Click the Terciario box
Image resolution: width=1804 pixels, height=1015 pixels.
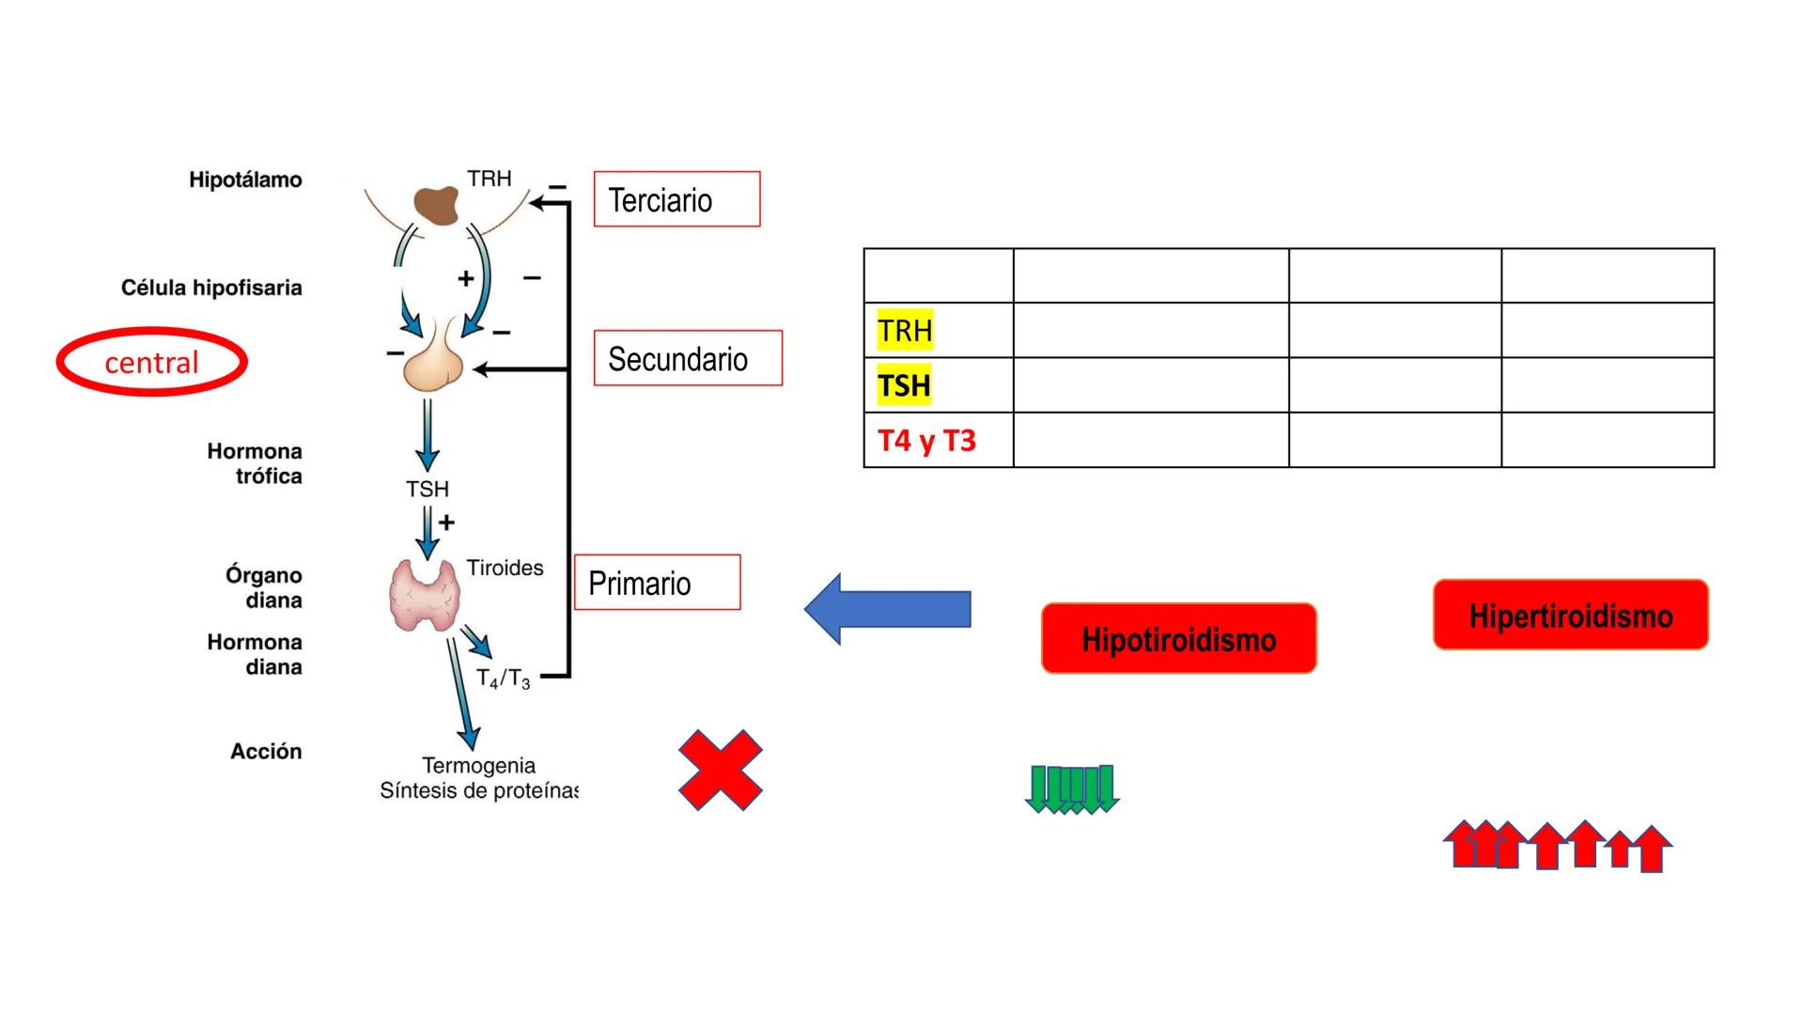click(x=676, y=199)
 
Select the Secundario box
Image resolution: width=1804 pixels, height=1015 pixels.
click(x=688, y=358)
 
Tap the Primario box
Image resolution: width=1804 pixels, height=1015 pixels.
click(x=657, y=583)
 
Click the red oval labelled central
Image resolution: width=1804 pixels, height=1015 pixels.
click(x=151, y=362)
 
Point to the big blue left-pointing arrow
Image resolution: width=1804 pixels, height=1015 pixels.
click(x=887, y=609)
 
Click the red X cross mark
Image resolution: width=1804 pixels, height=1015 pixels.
click(x=721, y=770)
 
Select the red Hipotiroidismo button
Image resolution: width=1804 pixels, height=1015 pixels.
click(x=1178, y=639)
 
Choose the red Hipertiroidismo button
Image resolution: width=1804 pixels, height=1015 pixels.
click(x=1570, y=616)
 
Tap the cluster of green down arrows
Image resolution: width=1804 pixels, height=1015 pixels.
click(x=1072, y=789)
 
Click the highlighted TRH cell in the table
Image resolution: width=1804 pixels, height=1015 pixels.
click(x=905, y=331)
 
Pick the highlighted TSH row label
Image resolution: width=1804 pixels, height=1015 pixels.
click(x=904, y=385)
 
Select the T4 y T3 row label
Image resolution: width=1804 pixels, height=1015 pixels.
click(x=926, y=440)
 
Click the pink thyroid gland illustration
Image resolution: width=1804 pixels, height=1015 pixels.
click(x=425, y=595)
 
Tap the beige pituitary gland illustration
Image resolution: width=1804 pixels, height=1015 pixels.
click(x=433, y=365)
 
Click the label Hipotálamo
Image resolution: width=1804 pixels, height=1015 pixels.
click(x=245, y=180)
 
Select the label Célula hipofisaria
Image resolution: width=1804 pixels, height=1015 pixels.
click(x=211, y=288)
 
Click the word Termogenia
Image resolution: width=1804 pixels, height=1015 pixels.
click(x=478, y=765)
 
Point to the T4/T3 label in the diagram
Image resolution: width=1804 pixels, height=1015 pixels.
click(x=503, y=679)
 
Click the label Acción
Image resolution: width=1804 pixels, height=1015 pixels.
click(x=266, y=751)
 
